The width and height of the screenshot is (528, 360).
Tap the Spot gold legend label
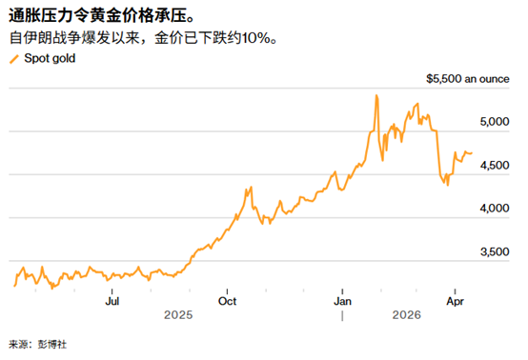[49, 59]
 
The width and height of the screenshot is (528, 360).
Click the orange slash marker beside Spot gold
[12, 59]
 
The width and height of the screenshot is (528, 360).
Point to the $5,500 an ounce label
[474, 80]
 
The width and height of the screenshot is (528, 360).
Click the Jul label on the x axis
[112, 301]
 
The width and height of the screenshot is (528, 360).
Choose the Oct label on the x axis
[227, 301]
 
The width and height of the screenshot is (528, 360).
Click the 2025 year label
[181, 313]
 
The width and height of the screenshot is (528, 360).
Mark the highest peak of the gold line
[376, 95]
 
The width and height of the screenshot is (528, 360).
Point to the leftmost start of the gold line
[14, 285]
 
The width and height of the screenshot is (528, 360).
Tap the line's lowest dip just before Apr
[447, 184]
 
